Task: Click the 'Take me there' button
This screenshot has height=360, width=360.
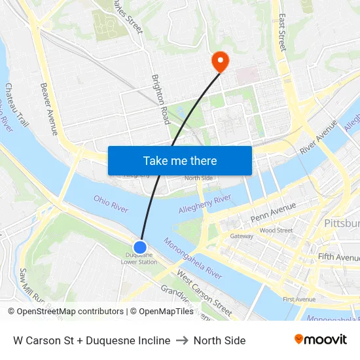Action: coord(180,160)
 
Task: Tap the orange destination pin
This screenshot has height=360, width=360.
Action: coord(219,62)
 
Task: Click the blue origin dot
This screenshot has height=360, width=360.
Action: coord(140,247)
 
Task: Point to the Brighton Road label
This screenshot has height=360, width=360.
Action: coord(161,98)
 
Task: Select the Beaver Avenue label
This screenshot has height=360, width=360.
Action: coord(49,109)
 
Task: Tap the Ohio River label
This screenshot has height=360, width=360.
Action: coord(111,203)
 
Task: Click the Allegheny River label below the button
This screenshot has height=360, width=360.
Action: coord(205,204)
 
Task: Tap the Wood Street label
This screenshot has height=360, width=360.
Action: coord(276,230)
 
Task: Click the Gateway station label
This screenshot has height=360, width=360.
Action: coord(242,236)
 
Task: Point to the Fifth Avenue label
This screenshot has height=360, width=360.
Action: coord(339,257)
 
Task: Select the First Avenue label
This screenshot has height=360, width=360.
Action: coord(298,299)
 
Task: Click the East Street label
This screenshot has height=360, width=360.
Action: coord(282,33)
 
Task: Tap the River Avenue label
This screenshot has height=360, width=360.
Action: coord(318,137)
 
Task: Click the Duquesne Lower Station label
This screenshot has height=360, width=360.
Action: coord(139,259)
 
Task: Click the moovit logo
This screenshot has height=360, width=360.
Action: coord(321,340)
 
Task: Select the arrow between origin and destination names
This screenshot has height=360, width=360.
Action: coord(182,340)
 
